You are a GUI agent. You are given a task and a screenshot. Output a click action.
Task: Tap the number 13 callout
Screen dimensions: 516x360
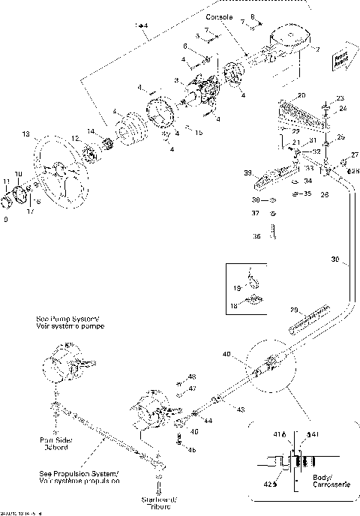(x=26, y=135)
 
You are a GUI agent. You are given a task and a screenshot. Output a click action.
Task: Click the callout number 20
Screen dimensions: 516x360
(x=301, y=96)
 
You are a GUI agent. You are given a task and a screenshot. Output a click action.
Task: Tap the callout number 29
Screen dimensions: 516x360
(x=295, y=309)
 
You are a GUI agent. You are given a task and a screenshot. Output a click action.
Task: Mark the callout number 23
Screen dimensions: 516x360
(x=340, y=98)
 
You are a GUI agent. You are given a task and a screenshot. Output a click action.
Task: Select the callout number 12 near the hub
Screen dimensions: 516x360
(x=75, y=138)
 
